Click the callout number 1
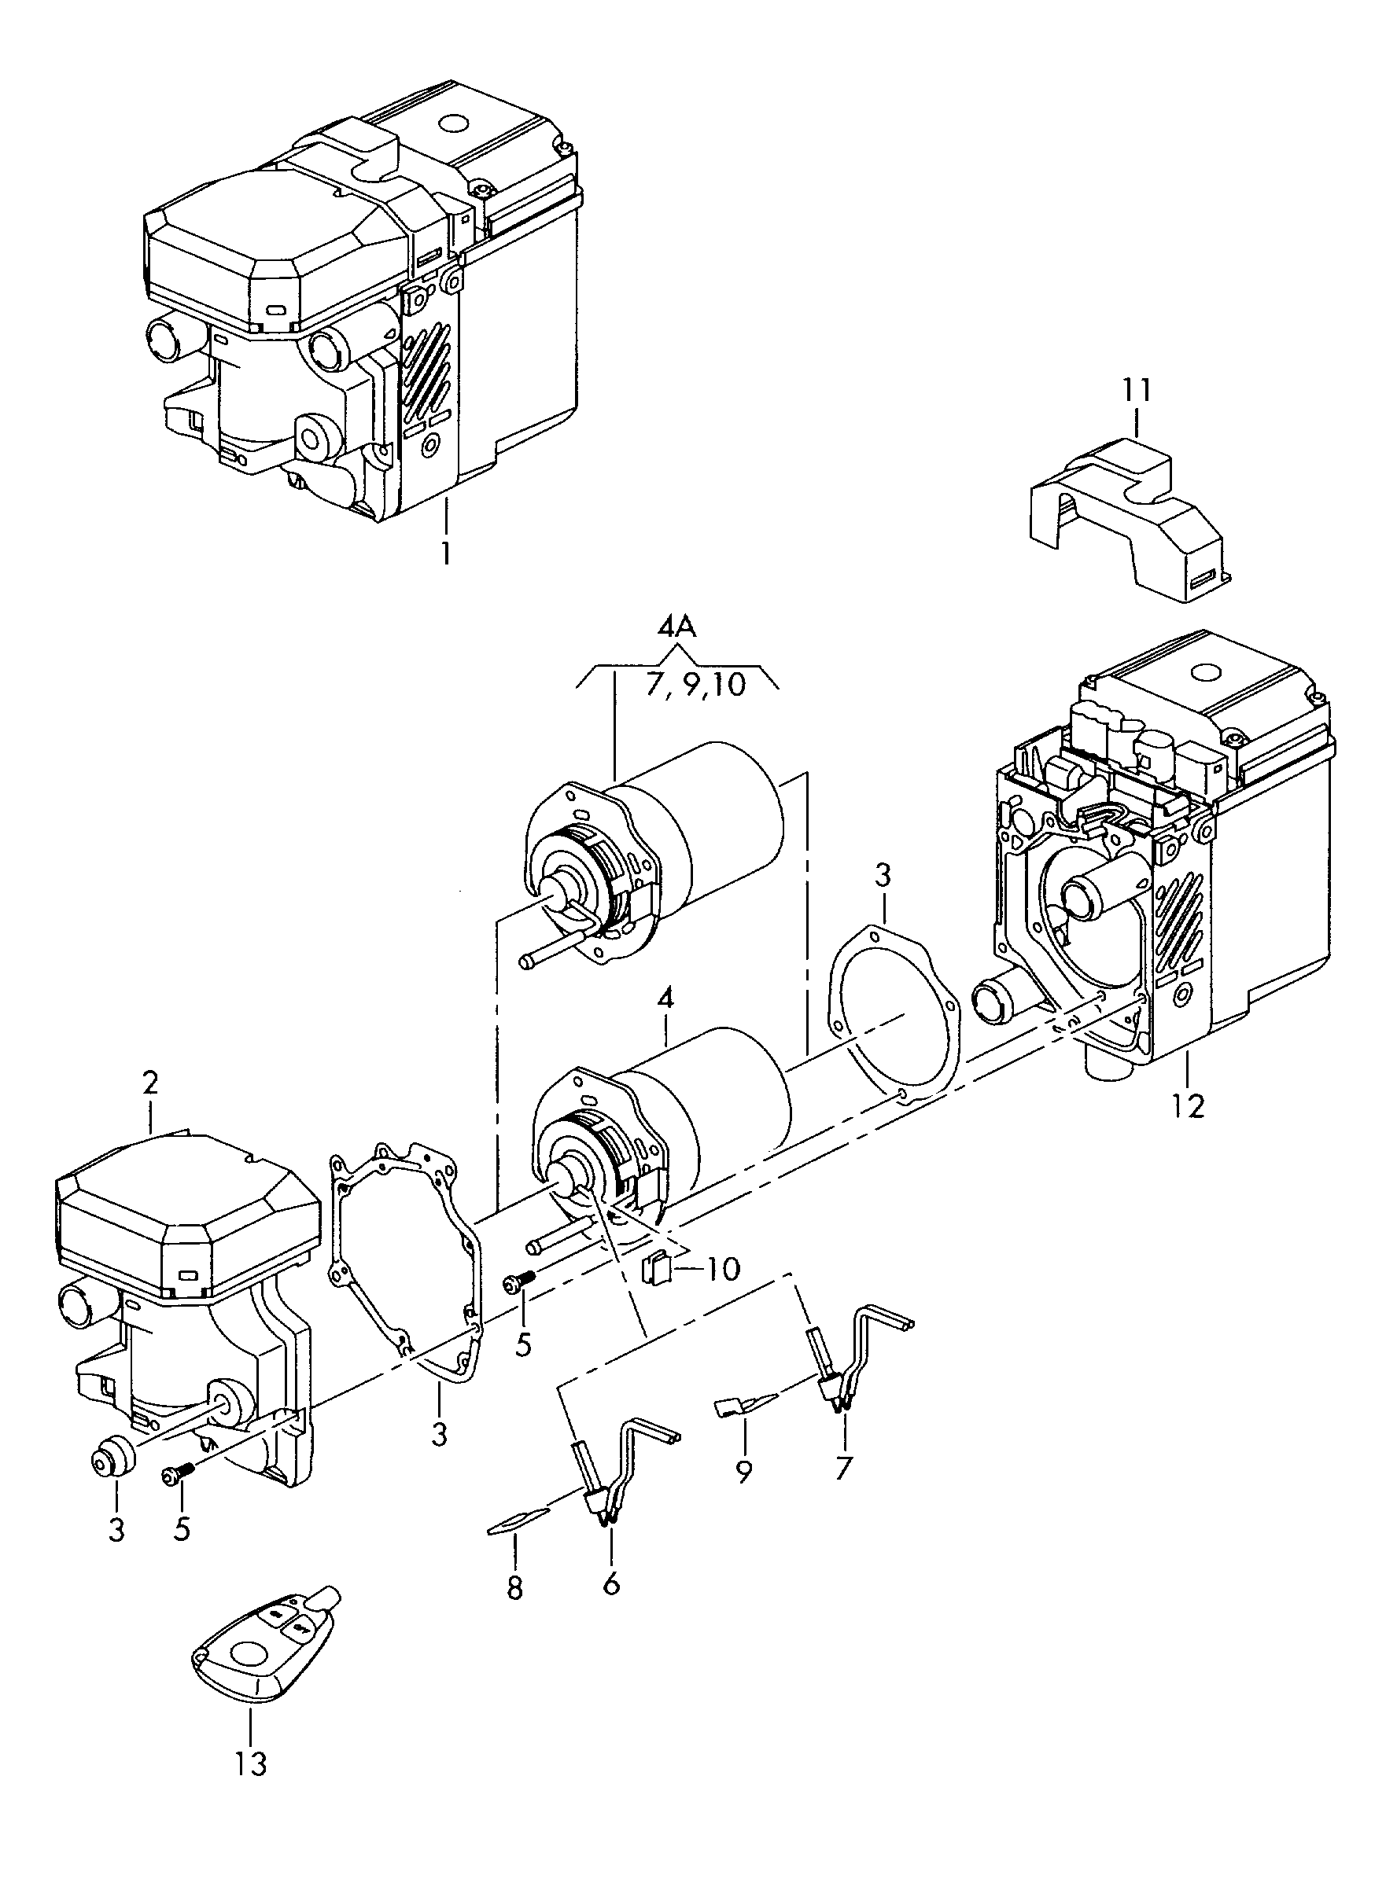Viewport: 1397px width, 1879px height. pyautogui.click(x=444, y=554)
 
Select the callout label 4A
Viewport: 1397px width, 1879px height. pyautogui.click(x=676, y=627)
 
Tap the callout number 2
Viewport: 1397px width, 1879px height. pyautogui.click(x=149, y=1083)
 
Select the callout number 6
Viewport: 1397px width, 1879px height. pyautogui.click(x=610, y=1583)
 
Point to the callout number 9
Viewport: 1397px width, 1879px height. pyautogui.click(x=743, y=1472)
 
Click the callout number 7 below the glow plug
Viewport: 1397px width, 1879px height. pyautogui.click(x=843, y=1468)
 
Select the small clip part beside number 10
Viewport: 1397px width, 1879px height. pyautogui.click(x=657, y=1291)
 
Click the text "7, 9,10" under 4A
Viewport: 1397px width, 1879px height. pyautogui.click(x=696, y=683)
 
